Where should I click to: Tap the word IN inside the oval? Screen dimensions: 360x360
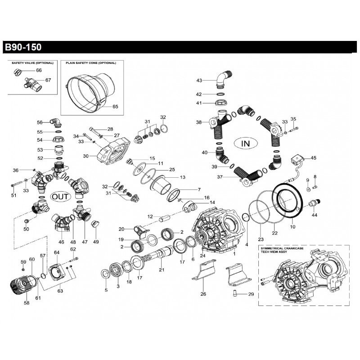(x=245, y=144)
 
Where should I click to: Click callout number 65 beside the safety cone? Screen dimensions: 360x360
(x=115, y=107)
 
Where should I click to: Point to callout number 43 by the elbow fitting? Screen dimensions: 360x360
(x=199, y=81)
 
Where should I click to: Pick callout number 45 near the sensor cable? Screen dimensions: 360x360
(x=314, y=158)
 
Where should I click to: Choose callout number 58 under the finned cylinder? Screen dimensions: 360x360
(x=27, y=303)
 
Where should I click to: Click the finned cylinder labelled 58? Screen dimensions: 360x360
(x=21, y=283)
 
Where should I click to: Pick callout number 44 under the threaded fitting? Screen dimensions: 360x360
(x=315, y=215)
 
